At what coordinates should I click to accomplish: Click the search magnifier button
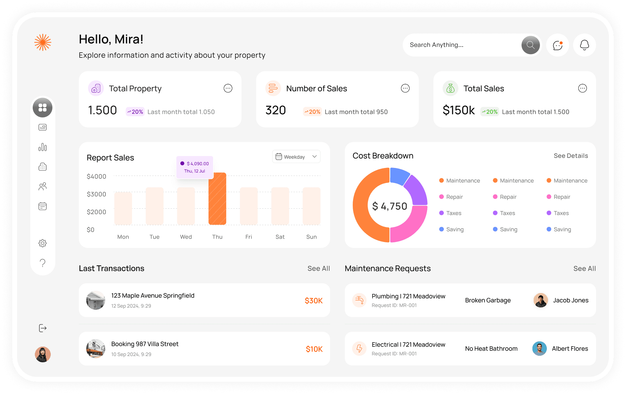530,45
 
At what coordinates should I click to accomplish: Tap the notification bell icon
584,45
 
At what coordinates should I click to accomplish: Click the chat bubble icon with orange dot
558,45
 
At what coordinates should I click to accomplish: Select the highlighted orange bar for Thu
217,199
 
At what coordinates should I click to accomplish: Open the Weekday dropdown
296,157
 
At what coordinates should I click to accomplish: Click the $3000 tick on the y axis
96,194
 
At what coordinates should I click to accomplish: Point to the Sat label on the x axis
280,237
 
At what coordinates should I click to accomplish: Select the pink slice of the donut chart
410,223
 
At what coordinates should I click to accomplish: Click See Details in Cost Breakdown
571,156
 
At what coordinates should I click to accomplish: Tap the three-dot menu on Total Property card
228,88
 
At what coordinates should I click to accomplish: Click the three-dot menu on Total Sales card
582,88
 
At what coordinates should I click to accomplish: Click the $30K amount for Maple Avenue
314,301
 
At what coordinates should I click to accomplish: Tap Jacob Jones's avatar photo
540,300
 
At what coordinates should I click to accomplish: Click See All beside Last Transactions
319,269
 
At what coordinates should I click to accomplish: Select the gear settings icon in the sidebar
42,243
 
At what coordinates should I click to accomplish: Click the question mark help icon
42,263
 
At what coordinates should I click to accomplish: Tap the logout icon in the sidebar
42,328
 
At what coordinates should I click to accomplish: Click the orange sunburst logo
42,42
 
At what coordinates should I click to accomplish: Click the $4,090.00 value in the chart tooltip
198,164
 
